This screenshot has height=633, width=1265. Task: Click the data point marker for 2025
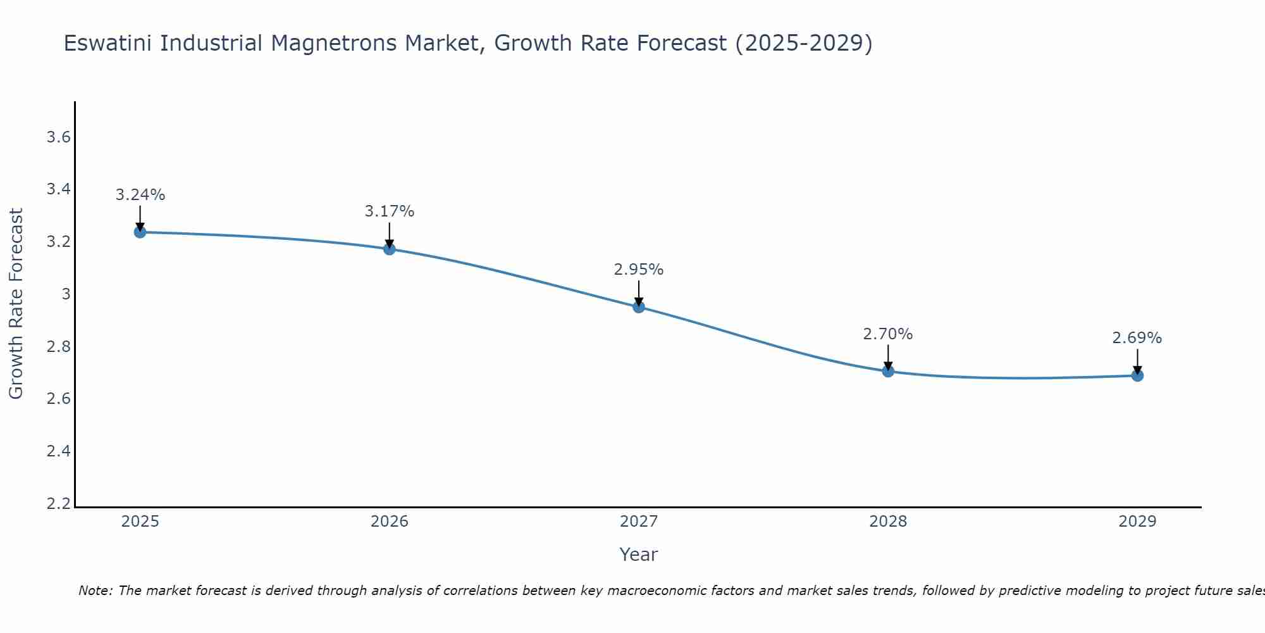pyautogui.click(x=140, y=232)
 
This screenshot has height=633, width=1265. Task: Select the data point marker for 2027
pyautogui.click(x=639, y=307)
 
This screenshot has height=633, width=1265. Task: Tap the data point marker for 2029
pyautogui.click(x=1137, y=375)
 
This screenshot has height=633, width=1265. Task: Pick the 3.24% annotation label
pyautogui.click(x=140, y=195)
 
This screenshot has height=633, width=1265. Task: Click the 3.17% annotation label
pyautogui.click(x=390, y=211)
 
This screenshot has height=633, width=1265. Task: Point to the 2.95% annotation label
pyautogui.click(x=639, y=270)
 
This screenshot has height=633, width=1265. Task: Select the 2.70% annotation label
pyautogui.click(x=888, y=334)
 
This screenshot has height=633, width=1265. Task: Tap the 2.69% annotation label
pyautogui.click(x=1137, y=338)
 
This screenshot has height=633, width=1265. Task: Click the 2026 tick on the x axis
pyautogui.click(x=390, y=522)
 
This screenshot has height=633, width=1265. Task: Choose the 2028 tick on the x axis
pyautogui.click(x=888, y=522)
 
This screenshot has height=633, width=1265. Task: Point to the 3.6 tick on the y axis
pyautogui.click(x=59, y=137)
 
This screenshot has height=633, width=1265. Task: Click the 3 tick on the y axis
pyautogui.click(x=66, y=294)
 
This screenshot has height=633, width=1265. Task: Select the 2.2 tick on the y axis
pyautogui.click(x=59, y=504)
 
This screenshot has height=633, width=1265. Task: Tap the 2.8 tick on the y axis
pyautogui.click(x=59, y=347)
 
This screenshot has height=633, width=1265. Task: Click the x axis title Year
pyautogui.click(x=639, y=555)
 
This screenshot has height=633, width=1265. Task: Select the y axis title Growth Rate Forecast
pyautogui.click(x=16, y=304)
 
